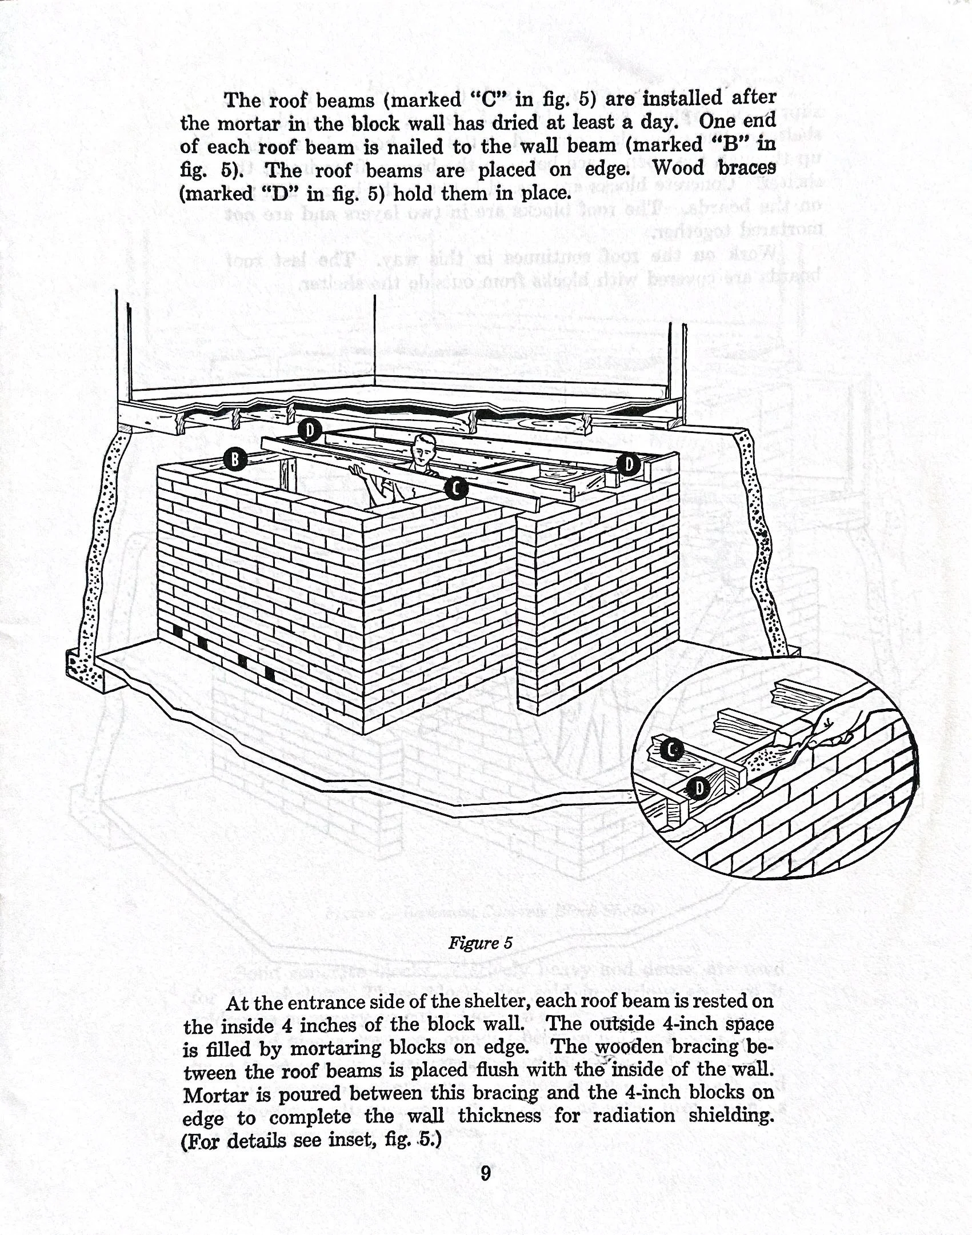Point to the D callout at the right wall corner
click(x=629, y=464)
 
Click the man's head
click(x=423, y=448)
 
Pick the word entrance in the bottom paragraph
click(x=338, y=1001)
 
